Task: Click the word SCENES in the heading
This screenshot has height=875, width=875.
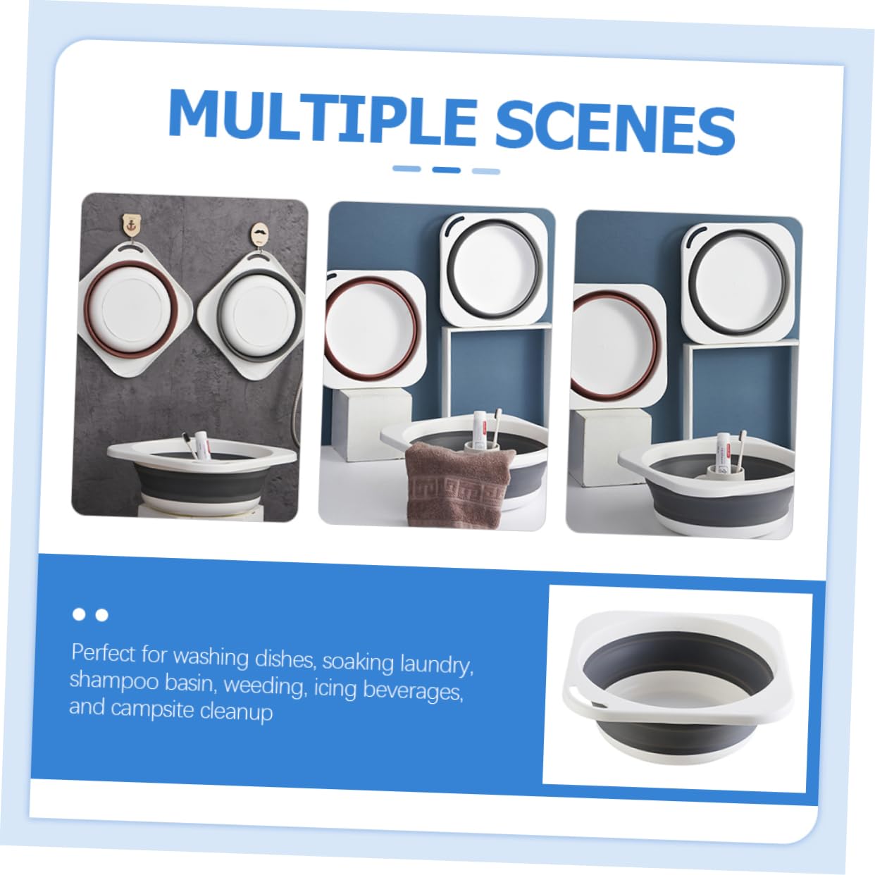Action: (x=615, y=126)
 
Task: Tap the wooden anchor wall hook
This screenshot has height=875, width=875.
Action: (x=131, y=225)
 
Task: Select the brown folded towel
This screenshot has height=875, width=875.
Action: (x=459, y=485)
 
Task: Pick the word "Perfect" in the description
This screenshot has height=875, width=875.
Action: (x=104, y=653)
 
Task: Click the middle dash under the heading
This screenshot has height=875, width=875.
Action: (x=447, y=170)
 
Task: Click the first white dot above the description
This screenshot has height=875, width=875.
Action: (x=79, y=614)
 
